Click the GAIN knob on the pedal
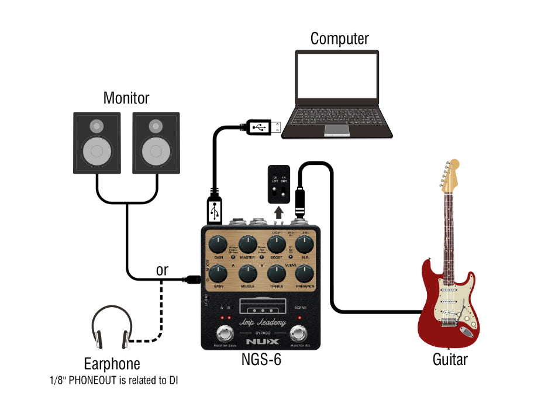pos(218,244)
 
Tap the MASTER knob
pos(247,244)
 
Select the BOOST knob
pos(276,244)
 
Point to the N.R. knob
pos(304,244)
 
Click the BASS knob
pos(218,273)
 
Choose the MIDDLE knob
pos(247,273)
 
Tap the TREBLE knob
pos(276,273)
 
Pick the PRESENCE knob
pos(304,273)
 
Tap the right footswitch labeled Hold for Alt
pos(300,334)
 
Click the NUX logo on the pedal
pos(262,341)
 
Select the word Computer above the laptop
pos(339,39)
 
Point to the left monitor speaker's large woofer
pos(97,150)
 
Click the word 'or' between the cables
pos(162,271)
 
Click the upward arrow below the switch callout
pos(278,211)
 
